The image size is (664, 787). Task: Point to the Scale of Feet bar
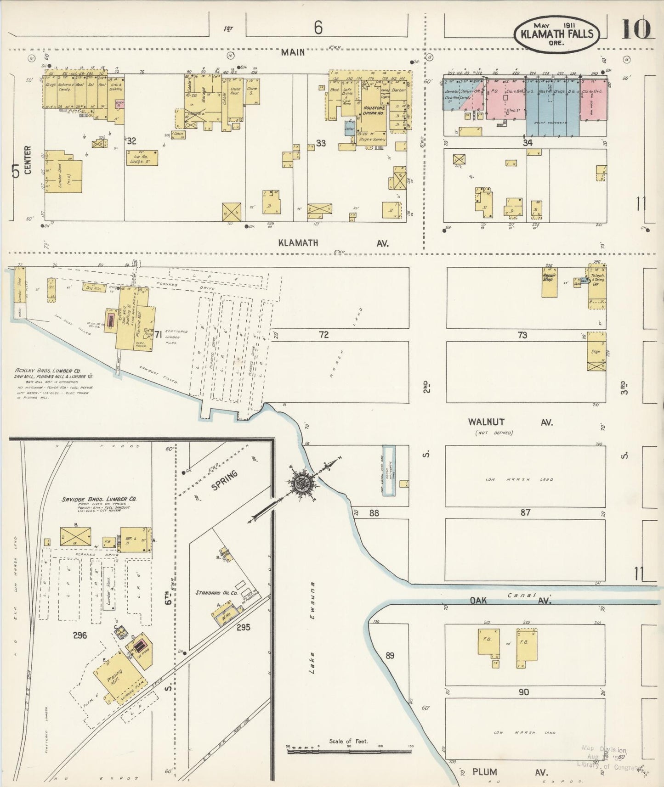(349, 751)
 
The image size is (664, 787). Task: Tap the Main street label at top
(293, 52)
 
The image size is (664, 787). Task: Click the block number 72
(323, 335)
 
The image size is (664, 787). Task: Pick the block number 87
(525, 512)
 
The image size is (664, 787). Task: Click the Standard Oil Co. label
(216, 593)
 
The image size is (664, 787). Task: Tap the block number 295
(243, 626)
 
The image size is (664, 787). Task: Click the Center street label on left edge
(28, 160)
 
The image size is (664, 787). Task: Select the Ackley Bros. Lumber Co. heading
(47, 370)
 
